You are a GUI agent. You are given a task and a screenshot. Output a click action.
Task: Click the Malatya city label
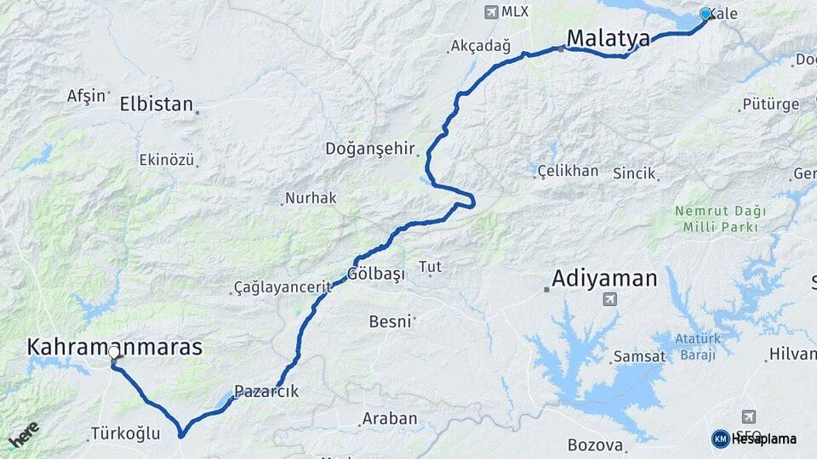[608, 38]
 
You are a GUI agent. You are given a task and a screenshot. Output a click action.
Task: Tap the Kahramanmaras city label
[115, 347]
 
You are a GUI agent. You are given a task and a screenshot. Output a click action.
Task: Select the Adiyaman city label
[604, 278]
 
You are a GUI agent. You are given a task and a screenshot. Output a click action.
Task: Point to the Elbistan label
[157, 105]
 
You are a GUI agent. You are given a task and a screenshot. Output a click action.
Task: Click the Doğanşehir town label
[369, 149]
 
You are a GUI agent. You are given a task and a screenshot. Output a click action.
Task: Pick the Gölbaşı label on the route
[375, 274]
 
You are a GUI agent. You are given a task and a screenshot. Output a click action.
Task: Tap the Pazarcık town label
[266, 392]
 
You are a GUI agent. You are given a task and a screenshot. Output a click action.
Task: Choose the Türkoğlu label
[125, 433]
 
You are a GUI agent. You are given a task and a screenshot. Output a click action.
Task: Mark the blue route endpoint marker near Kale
[705, 14]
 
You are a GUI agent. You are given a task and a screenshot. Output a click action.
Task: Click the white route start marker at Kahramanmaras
[114, 352]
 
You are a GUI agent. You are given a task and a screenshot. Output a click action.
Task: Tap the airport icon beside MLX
[490, 12]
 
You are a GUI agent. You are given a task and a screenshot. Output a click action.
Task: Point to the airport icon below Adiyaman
[608, 298]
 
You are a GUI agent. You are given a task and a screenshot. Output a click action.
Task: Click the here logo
[24, 434]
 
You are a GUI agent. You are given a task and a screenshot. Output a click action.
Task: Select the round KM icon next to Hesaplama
[720, 439]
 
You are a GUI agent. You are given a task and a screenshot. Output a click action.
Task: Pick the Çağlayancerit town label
[282, 287]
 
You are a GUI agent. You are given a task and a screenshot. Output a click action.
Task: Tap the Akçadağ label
[478, 45]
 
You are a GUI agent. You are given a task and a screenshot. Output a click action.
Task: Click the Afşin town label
[86, 95]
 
